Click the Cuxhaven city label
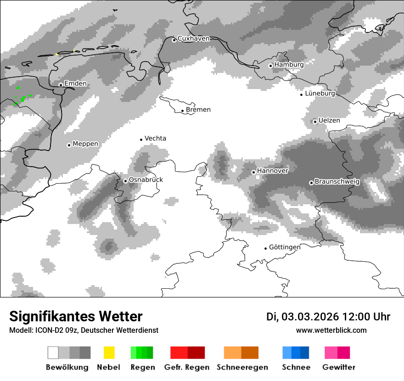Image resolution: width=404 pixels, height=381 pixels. [x=193, y=39]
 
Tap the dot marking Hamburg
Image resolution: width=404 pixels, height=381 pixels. [x=270, y=66]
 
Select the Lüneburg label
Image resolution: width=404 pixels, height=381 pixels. [x=320, y=94]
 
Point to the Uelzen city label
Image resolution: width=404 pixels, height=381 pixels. [x=329, y=121]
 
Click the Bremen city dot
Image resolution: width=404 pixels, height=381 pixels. [x=182, y=111]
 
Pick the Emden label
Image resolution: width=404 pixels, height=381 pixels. [x=75, y=84]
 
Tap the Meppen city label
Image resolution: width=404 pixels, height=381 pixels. [x=85, y=144]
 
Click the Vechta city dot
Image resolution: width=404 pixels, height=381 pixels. [x=141, y=140]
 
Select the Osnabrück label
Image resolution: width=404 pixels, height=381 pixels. [x=146, y=180]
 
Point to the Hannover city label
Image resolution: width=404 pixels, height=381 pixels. [x=273, y=171]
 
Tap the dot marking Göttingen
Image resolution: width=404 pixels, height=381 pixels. [x=265, y=248]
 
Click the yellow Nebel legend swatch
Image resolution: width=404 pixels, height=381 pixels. [x=109, y=353]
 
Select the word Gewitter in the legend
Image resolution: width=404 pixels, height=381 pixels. [x=339, y=367]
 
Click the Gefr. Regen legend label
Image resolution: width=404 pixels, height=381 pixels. [x=187, y=367]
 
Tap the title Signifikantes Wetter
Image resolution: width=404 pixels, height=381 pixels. [x=76, y=316]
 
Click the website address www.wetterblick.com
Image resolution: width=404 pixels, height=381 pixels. [x=331, y=331]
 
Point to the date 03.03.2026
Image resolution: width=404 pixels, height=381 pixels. [x=310, y=317]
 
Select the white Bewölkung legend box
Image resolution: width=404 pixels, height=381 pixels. [x=53, y=353]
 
